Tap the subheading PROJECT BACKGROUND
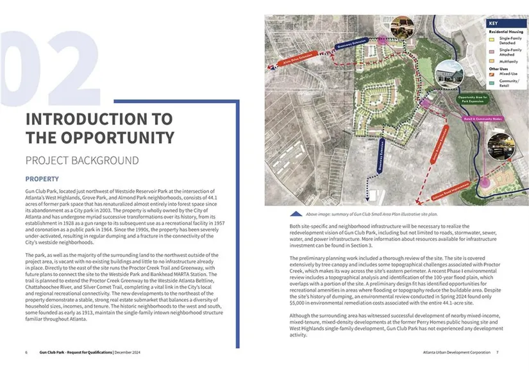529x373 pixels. [82, 160]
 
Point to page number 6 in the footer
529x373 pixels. [26, 352]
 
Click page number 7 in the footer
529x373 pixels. [497, 352]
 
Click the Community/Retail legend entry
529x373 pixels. [509, 84]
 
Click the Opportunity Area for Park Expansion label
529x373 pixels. [473, 100]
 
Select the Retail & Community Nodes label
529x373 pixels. [484, 119]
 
